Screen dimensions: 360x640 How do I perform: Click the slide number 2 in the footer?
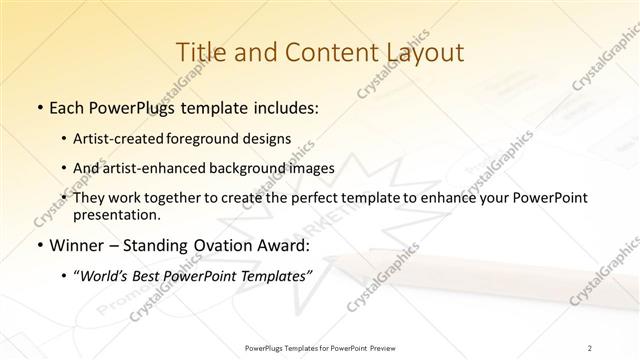[590, 347]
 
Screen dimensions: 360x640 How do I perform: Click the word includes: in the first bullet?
[282, 106]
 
